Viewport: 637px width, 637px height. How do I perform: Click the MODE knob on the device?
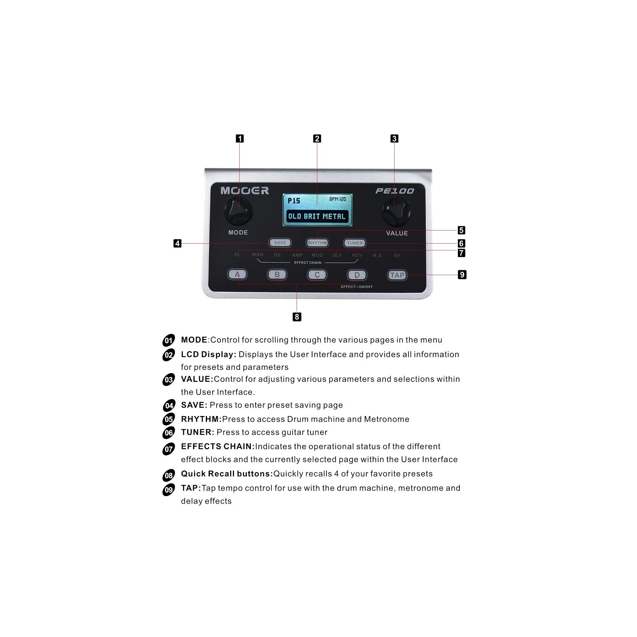pos(238,211)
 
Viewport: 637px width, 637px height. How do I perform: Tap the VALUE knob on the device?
pos(397,213)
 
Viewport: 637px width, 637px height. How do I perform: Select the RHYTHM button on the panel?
pos(317,243)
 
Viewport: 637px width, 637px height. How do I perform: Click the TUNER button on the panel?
pos(355,243)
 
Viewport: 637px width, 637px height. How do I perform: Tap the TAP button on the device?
pos(397,275)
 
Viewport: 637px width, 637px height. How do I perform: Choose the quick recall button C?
pos(317,275)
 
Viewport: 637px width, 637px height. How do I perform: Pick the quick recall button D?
pos(357,275)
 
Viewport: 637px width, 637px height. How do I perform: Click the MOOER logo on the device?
pos(245,191)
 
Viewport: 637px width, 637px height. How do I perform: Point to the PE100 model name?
pos(395,191)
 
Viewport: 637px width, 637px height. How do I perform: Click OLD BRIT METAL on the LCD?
pos(317,217)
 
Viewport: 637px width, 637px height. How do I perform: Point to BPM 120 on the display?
pos(338,199)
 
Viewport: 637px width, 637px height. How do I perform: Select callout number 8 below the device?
pos(297,317)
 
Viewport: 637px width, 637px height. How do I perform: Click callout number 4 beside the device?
pos(178,243)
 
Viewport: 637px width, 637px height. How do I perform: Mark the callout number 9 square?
pos(462,275)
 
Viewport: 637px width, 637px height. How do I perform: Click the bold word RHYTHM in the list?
pos(201,419)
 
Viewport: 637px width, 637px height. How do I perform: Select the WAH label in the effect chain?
pos(258,255)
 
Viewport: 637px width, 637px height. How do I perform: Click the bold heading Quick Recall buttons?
pos(227,474)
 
